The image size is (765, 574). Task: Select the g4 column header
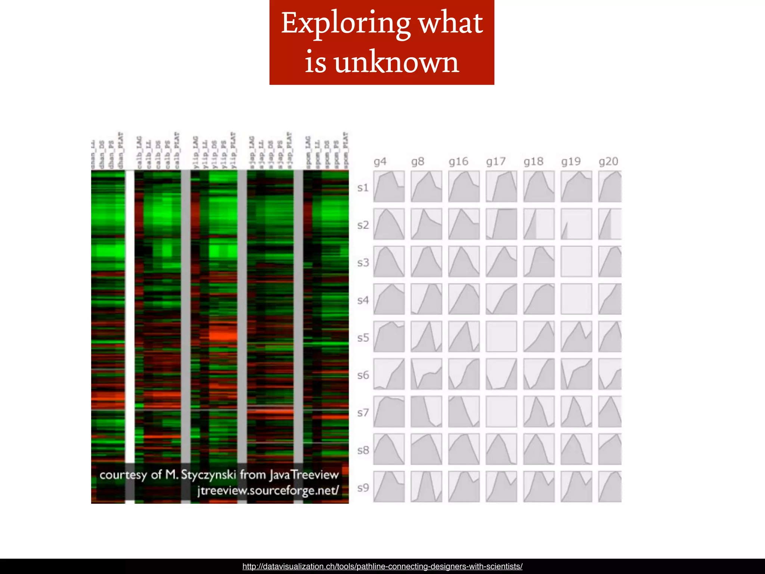point(380,161)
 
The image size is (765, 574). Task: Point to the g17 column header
point(496,161)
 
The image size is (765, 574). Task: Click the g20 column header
point(608,161)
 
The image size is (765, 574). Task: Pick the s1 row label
point(363,188)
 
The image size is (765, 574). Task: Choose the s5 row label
point(363,338)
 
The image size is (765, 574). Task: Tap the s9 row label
point(363,488)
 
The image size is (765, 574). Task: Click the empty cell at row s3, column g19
point(576,261)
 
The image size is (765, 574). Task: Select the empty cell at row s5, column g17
point(501,336)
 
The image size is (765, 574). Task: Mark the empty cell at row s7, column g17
point(501,411)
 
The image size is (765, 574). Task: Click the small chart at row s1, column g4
point(389,186)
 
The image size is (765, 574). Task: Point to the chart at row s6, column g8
point(426,374)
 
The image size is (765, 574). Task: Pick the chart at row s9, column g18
point(539,487)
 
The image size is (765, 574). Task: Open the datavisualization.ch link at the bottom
point(382,567)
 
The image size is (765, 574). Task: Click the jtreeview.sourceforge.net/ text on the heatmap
point(268,490)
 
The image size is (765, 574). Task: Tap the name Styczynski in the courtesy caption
point(208,475)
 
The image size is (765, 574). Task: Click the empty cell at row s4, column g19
point(576,299)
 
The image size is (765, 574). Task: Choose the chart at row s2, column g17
point(501,224)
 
